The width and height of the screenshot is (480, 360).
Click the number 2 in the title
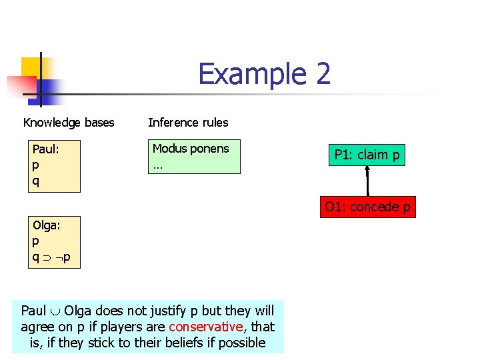tap(323, 74)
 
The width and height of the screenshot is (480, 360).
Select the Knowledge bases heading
tap(69, 123)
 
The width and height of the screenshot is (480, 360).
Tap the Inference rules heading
tap(188, 123)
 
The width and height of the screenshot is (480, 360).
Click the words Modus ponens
tap(191, 149)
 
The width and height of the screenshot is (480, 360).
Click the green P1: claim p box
tap(367, 155)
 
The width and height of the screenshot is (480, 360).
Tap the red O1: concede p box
tap(367, 207)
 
